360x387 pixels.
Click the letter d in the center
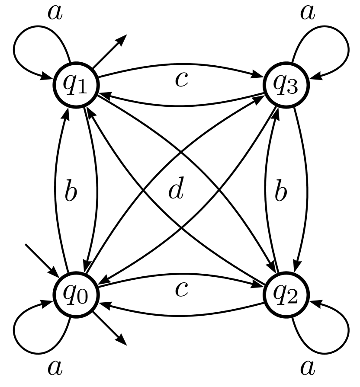point(176,190)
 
